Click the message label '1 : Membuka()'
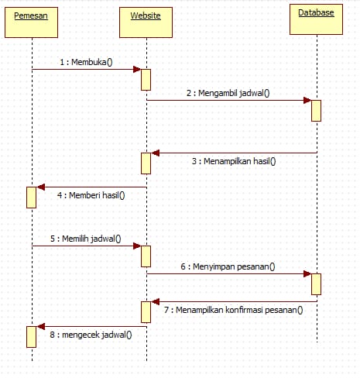(x=86, y=61)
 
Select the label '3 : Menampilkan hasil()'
(x=234, y=162)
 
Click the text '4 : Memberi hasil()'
(x=91, y=195)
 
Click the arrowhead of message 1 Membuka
(x=136, y=70)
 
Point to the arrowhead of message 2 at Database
(x=307, y=100)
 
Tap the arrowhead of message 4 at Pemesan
(x=41, y=187)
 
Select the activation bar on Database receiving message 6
(x=316, y=283)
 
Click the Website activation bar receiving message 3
(x=146, y=163)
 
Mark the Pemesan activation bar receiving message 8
(x=32, y=336)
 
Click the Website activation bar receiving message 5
(x=146, y=255)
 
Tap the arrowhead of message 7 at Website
(x=155, y=301)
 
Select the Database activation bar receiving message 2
(x=316, y=109)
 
